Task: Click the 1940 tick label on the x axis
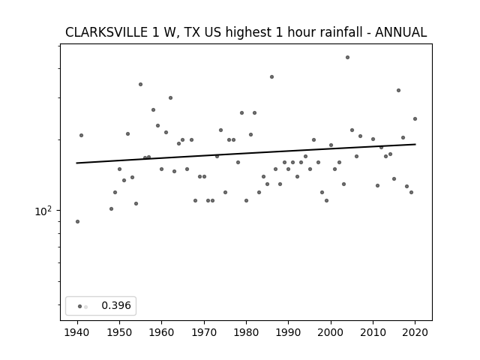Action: click(77, 332)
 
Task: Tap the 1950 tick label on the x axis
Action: click(120, 332)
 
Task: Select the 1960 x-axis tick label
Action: click(162, 332)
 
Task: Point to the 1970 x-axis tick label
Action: click(204, 332)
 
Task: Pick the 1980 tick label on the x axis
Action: click(246, 332)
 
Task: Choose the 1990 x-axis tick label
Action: click(288, 332)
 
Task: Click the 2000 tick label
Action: click(331, 332)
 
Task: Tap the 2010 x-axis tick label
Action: click(373, 332)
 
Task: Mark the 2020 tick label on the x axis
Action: click(415, 332)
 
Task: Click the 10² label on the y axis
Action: click(43, 211)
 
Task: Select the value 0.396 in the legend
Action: click(116, 305)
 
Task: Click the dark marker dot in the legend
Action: click(80, 307)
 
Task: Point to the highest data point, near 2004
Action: click(347, 57)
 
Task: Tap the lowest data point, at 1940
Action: click(77, 222)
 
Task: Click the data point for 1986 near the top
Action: click(271, 76)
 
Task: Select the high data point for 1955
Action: click(140, 85)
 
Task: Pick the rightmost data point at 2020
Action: click(415, 118)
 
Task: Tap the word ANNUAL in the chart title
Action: click(400, 32)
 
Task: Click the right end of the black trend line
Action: click(415, 144)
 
